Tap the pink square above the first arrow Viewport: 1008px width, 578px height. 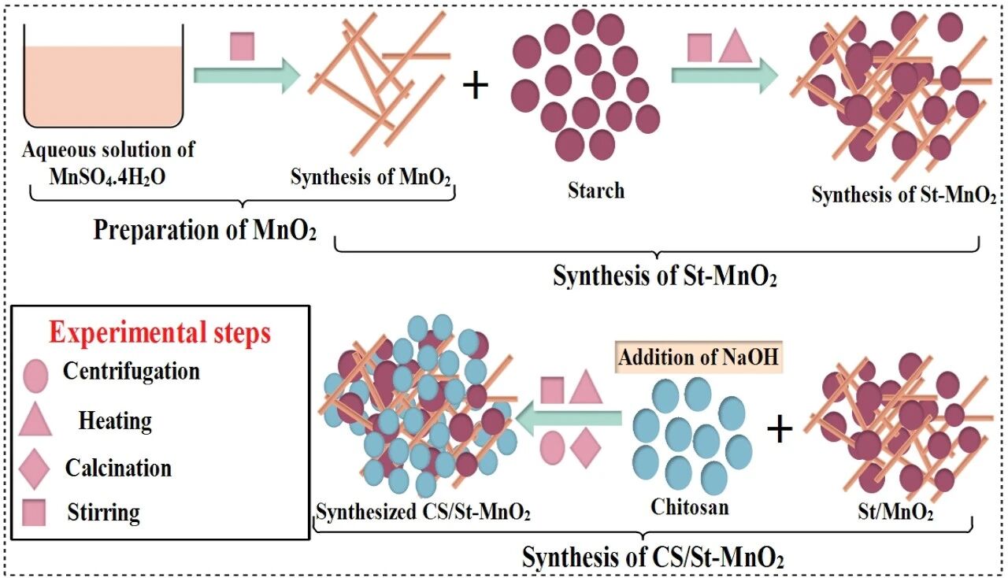pyautogui.click(x=243, y=46)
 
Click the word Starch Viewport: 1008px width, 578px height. pyautogui.click(x=595, y=190)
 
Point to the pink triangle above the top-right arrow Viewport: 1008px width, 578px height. pyautogui.click(x=736, y=46)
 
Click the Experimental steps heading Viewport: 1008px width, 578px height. pyautogui.click(x=160, y=332)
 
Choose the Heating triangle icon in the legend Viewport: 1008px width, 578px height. pyautogui.click(x=35, y=421)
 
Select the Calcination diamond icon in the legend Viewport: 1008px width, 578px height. pyautogui.click(x=36, y=469)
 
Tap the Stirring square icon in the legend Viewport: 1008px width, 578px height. pyautogui.click(x=35, y=513)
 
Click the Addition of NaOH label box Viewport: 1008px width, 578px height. pyautogui.click(x=699, y=358)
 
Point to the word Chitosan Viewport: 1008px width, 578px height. pyautogui.click(x=689, y=508)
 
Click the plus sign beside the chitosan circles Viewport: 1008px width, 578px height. pyautogui.click(x=779, y=430)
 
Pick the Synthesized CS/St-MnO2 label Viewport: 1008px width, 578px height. pyautogui.click(x=423, y=513)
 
